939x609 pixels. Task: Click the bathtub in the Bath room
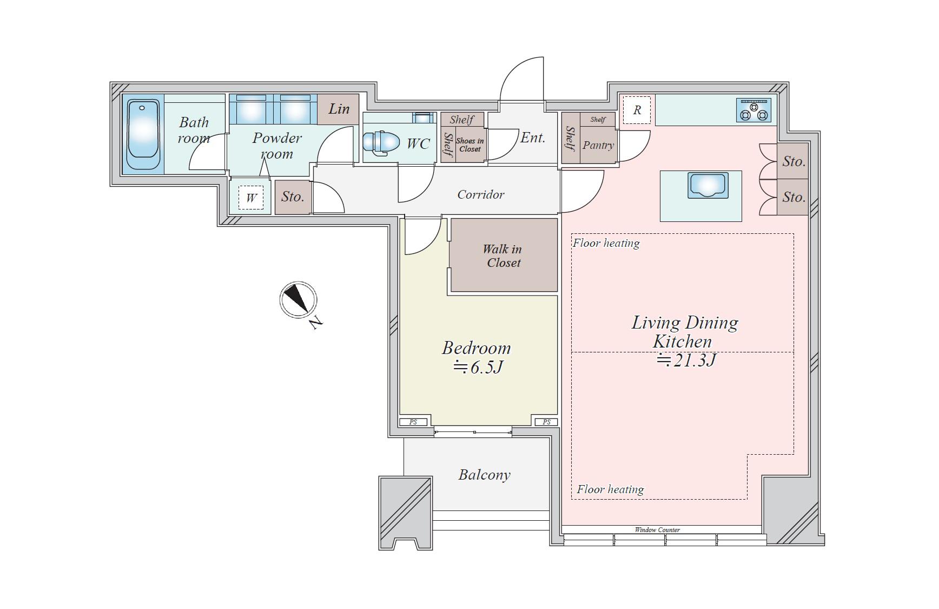pyautogui.click(x=143, y=134)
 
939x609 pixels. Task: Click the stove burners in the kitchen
pyautogui.click(x=754, y=110)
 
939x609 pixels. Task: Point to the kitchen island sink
pyautogui.click(x=708, y=185)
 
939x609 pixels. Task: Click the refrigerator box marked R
pyautogui.click(x=637, y=110)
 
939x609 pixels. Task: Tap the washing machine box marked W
pyautogui.click(x=251, y=198)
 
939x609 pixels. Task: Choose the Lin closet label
pyautogui.click(x=339, y=109)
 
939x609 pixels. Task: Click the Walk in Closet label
pyautogui.click(x=503, y=256)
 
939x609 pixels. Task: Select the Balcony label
pyautogui.click(x=484, y=475)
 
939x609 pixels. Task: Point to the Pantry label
pyautogui.click(x=598, y=145)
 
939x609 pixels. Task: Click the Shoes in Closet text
pyautogui.click(x=470, y=145)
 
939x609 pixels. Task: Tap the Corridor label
pyautogui.click(x=480, y=194)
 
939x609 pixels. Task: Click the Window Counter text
pyautogui.click(x=657, y=530)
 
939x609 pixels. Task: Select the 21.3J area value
pyautogui.click(x=686, y=360)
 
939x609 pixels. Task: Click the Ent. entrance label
pyautogui.click(x=533, y=137)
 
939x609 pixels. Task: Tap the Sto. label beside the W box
pyautogui.click(x=293, y=197)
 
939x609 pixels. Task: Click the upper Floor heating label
pyautogui.click(x=606, y=243)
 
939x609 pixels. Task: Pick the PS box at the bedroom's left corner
pyautogui.click(x=413, y=422)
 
